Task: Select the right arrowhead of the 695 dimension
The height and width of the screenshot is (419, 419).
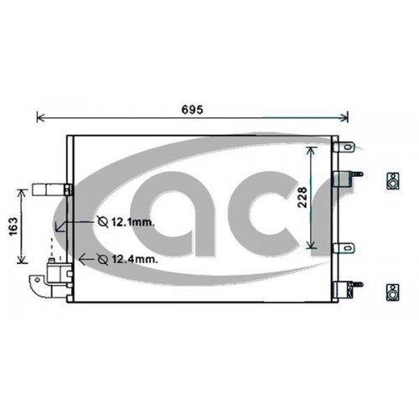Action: tap(345, 117)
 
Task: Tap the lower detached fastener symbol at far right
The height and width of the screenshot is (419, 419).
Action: tap(391, 292)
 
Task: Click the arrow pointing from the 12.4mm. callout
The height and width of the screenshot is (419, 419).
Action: tap(80, 259)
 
